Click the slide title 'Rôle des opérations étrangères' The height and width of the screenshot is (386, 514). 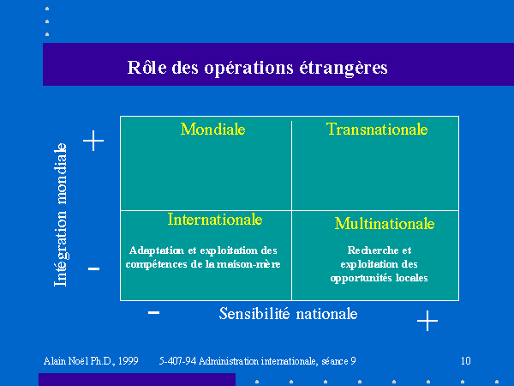point(257,68)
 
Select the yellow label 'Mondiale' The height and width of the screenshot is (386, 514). point(212,129)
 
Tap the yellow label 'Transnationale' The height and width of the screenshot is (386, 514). point(377,129)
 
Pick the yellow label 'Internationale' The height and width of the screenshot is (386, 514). point(215,220)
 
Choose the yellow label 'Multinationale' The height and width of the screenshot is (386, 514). point(385,224)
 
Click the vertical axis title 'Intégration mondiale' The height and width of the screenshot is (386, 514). point(60,214)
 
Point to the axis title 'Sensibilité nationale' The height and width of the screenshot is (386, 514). point(288,314)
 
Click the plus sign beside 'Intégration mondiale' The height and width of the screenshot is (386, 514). point(93,141)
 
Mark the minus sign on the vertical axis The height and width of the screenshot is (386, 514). point(93,268)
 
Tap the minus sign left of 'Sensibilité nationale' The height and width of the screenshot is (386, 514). point(153,312)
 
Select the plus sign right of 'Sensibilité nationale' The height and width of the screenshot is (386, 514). point(427,321)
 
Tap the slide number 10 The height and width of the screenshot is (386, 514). point(466,361)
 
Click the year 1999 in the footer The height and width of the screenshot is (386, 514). point(128,361)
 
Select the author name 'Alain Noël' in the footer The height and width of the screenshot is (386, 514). point(66,361)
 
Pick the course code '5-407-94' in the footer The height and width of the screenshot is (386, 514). point(177,361)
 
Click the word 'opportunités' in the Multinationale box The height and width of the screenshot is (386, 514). point(362,278)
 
